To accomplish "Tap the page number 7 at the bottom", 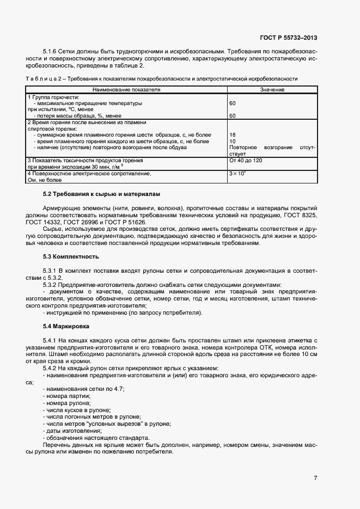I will click(315, 478).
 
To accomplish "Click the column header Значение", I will click(272, 89).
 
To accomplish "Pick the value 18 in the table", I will click(233, 134).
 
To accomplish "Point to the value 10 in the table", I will click(233, 141).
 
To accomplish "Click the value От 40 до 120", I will click(246, 161).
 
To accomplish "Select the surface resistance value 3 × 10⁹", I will click(238, 174).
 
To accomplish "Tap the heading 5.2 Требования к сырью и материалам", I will click(101, 194).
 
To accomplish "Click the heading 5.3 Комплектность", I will click(71, 256).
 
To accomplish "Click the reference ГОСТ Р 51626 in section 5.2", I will click(138, 222).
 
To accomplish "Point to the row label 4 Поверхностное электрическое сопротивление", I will click(89, 174).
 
